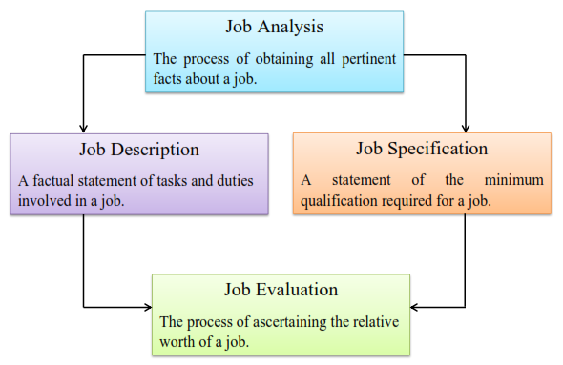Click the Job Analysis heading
tap(274, 26)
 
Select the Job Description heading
tap(139, 150)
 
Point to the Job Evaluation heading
tap(281, 289)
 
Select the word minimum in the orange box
tap(512, 179)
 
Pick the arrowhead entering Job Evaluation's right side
tap(417, 307)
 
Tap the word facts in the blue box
tap(169, 80)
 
